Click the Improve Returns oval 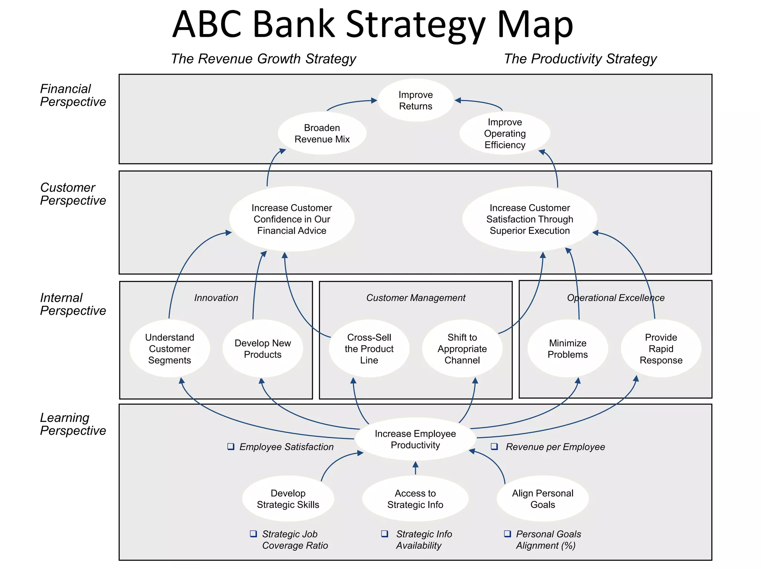point(415,100)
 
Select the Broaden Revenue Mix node point(322,133)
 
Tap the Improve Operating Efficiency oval point(505,133)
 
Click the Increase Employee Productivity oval point(415,439)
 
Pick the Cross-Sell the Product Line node point(369,348)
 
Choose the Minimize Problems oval point(567,348)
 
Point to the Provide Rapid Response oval point(661,348)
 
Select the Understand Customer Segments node point(169,348)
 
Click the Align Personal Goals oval point(543,498)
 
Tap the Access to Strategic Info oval point(415,498)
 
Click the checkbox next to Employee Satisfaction point(231,446)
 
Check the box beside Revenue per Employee point(494,446)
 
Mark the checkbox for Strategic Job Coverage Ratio point(253,534)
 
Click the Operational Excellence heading point(615,298)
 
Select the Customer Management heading point(415,298)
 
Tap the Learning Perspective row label point(73,424)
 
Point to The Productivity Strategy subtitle point(580,59)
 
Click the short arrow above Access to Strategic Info point(415,468)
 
